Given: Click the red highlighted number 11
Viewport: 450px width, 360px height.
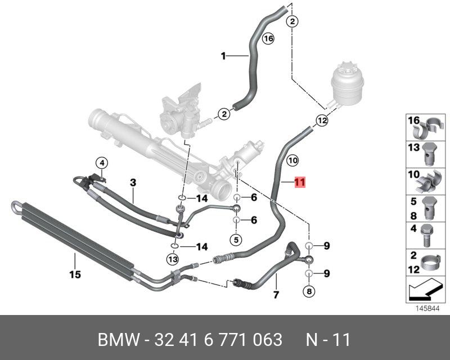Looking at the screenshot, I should (x=299, y=182).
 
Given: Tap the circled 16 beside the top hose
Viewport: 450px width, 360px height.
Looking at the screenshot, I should (x=268, y=39).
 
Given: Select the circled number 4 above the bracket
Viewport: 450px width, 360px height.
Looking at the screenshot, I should (x=101, y=163).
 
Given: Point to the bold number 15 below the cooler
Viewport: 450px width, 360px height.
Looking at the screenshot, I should (x=75, y=274).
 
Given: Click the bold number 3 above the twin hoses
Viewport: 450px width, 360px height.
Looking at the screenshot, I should (x=133, y=182).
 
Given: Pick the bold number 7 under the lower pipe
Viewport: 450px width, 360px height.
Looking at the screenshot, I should (x=276, y=295).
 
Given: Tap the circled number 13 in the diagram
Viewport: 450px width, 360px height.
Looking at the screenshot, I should (x=172, y=259).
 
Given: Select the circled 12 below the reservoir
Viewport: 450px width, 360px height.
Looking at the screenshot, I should (x=321, y=120).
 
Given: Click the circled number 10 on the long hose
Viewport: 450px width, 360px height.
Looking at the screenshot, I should (x=292, y=160).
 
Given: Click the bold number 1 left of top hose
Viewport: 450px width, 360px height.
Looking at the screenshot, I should (x=223, y=56).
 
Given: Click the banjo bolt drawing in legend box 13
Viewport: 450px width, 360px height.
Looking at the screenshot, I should (x=430, y=154).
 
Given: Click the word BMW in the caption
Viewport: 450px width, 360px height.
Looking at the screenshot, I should (x=115, y=340).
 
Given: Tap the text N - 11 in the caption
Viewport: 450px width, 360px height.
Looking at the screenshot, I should (x=328, y=340).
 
